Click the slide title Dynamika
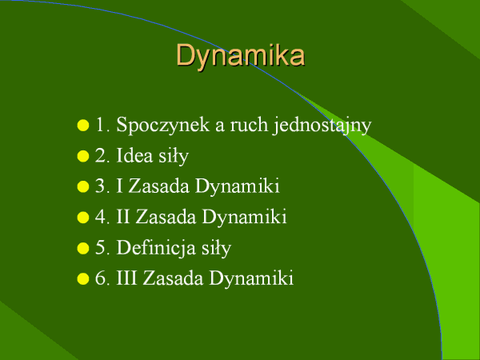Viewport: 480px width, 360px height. click(241, 55)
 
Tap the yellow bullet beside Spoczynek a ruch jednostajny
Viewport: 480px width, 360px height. click(83, 126)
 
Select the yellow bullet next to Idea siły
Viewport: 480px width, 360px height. click(83, 156)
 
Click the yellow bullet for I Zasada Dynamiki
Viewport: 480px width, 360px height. click(83, 186)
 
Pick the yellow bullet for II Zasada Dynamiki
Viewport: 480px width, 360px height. click(83, 218)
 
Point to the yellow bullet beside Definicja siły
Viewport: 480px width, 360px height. click(83, 248)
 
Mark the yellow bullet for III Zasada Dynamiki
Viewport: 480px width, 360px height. click(83, 278)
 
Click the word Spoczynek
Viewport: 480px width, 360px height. click(163, 126)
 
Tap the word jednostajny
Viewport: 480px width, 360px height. click(322, 126)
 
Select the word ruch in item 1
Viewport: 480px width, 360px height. click(249, 125)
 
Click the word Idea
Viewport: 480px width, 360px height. click(134, 155)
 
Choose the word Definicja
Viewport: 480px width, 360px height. click(156, 248)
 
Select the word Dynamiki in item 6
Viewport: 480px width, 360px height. click(251, 279)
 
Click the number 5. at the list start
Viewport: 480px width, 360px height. click(102, 248)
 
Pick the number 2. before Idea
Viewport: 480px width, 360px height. click(102, 155)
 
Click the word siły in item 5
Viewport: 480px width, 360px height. click(216, 249)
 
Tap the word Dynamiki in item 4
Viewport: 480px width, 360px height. click(244, 218)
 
